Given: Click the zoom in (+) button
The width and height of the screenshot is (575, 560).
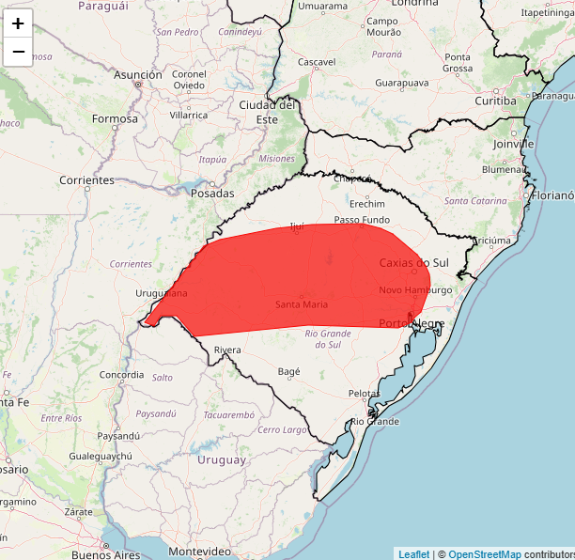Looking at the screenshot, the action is (x=18, y=23).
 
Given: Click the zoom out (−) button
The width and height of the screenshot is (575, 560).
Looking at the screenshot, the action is (x=18, y=52).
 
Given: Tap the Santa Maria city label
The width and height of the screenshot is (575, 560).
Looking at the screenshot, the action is (x=302, y=304).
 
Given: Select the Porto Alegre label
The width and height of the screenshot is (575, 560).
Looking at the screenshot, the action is (x=412, y=323).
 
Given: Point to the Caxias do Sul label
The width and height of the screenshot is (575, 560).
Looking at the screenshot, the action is (x=414, y=262).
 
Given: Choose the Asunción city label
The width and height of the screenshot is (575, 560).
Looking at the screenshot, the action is (x=138, y=74).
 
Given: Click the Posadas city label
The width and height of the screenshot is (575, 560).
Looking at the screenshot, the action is (x=212, y=193).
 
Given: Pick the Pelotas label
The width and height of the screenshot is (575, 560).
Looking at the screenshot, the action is (x=364, y=393).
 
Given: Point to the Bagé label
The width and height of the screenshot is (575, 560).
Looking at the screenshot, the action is (x=289, y=371).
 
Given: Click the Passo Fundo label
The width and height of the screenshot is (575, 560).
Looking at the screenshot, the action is (x=362, y=220).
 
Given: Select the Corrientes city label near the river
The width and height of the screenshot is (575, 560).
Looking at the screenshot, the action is (x=86, y=179).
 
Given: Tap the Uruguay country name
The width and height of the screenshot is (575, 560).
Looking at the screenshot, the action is (x=222, y=459).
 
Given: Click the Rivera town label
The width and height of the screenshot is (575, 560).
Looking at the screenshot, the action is (x=227, y=350).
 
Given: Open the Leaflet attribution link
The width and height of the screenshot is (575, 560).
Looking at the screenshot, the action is (x=414, y=554).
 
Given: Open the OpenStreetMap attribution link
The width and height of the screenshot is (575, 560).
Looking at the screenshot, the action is (x=484, y=554).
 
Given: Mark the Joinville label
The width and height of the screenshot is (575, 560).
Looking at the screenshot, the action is (x=513, y=145).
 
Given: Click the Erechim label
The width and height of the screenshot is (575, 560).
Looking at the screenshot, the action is (x=367, y=204).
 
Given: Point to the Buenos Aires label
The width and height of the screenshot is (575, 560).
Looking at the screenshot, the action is (x=105, y=554).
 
